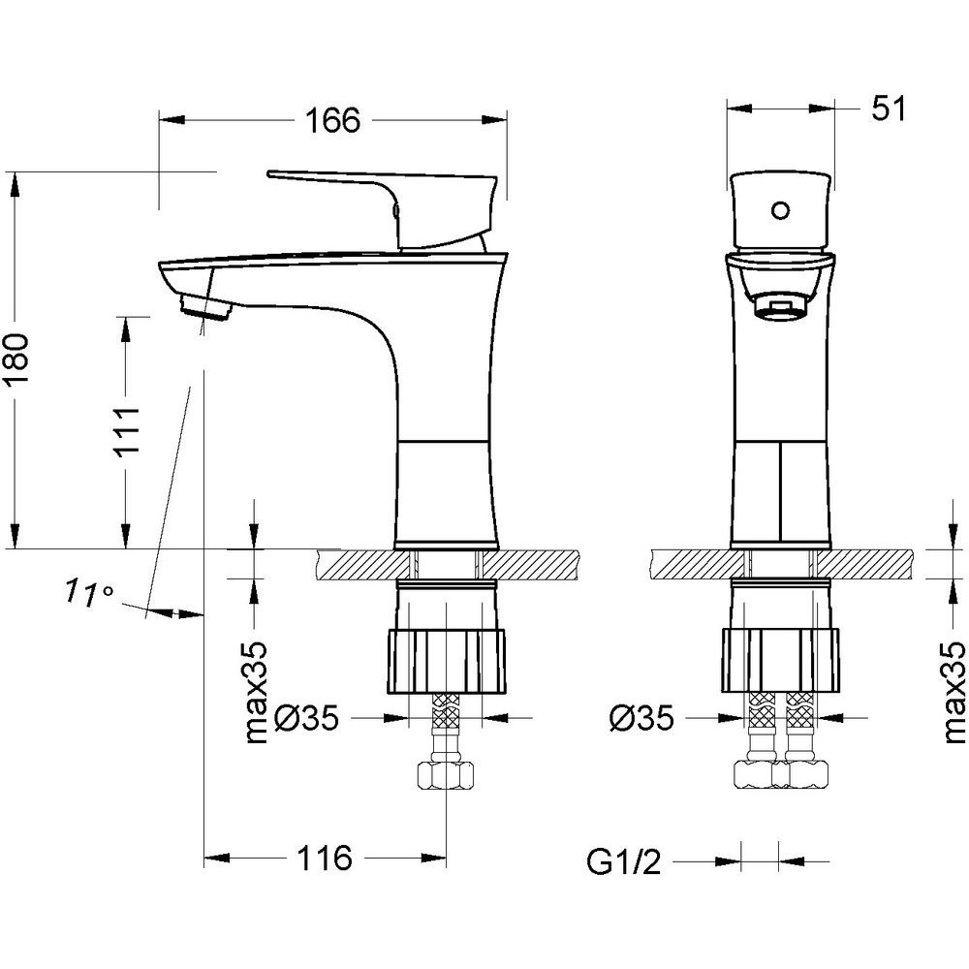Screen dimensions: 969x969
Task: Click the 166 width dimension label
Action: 331,120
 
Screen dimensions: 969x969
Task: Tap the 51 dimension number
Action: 888,109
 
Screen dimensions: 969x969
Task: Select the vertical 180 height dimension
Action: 16,359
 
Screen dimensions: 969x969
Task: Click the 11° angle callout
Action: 89,593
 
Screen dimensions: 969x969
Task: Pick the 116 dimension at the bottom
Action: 325,858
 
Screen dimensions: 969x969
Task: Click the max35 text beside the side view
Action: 257,692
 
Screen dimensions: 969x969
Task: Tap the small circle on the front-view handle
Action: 780,210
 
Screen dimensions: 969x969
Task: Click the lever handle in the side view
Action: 383,207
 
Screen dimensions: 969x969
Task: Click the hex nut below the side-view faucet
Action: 446,775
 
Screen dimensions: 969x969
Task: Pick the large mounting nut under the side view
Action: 445,660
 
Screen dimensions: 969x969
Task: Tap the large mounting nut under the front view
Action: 781,660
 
